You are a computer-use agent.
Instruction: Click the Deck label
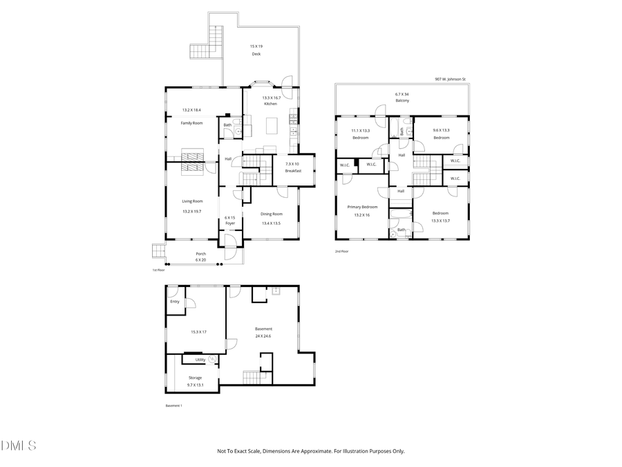(x=256, y=53)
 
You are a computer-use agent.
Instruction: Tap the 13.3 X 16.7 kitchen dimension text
(x=271, y=98)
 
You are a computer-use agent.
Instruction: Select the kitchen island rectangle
(x=272, y=126)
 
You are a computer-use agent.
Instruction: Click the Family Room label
(x=191, y=122)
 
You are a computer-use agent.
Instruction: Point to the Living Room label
(x=192, y=201)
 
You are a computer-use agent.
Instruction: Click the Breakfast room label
(x=294, y=170)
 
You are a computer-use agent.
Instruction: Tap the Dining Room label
(x=272, y=214)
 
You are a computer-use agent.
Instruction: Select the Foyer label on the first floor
(x=230, y=223)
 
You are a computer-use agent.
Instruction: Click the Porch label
(x=200, y=253)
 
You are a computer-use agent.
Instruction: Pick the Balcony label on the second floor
(x=402, y=101)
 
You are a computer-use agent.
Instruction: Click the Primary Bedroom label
(x=362, y=207)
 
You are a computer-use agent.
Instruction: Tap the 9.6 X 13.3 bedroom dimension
(x=441, y=130)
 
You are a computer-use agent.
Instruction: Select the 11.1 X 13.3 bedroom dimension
(x=360, y=130)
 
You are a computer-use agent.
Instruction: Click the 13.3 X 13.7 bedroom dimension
(x=440, y=221)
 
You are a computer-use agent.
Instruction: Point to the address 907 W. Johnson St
(x=450, y=79)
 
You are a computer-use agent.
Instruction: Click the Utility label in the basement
(x=200, y=359)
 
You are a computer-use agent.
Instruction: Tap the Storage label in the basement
(x=195, y=378)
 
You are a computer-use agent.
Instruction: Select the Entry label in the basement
(x=174, y=301)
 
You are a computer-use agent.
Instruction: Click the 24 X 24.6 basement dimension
(x=263, y=336)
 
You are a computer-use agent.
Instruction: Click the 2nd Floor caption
(x=341, y=251)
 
